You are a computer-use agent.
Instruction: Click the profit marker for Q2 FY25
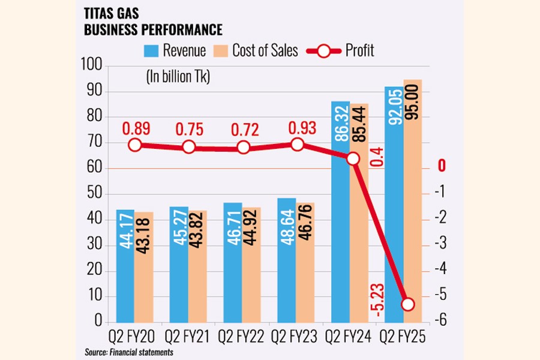coord(407,304)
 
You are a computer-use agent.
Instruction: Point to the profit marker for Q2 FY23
coord(297,145)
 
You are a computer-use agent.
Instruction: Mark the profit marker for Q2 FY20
coord(135,145)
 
